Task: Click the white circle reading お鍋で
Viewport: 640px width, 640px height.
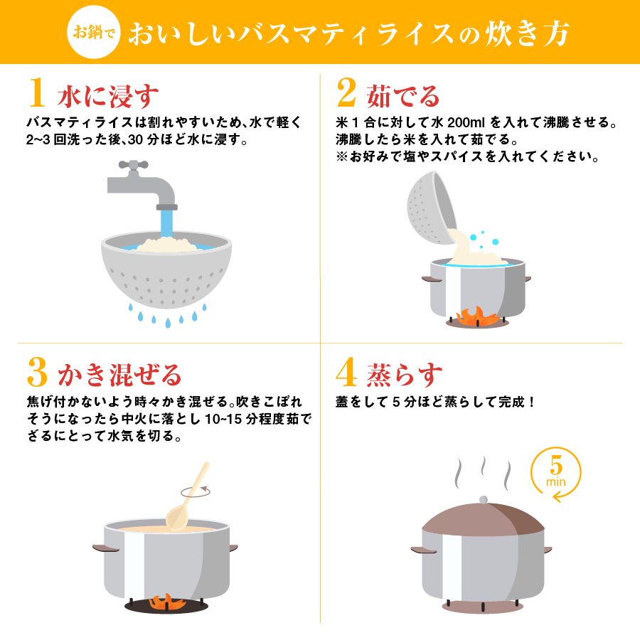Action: [x=95, y=31]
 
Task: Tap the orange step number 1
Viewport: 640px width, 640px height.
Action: [x=38, y=94]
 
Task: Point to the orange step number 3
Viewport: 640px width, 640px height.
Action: [x=38, y=372]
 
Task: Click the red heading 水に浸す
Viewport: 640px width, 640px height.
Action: [x=107, y=95]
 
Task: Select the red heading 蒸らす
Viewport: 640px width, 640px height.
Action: [x=404, y=373]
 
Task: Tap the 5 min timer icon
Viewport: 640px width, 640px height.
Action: [x=556, y=474]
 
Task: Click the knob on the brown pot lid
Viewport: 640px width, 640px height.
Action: [x=484, y=500]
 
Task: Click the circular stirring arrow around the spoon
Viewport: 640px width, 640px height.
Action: [x=196, y=490]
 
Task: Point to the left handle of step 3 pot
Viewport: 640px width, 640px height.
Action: [x=105, y=548]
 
